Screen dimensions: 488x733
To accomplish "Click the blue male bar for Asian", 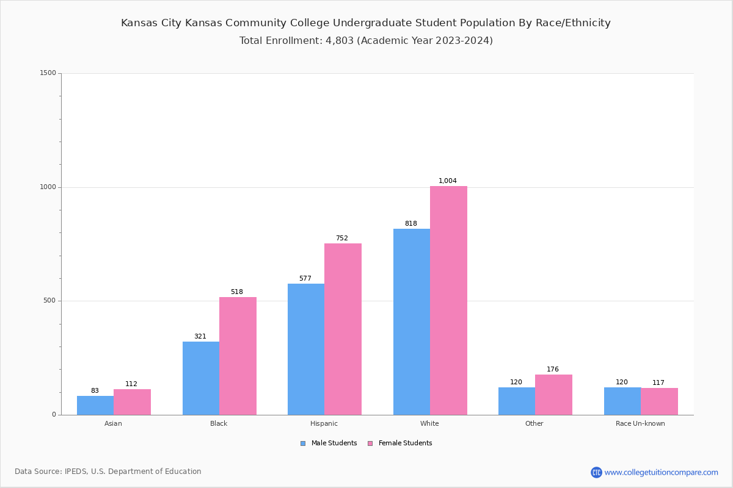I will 95,405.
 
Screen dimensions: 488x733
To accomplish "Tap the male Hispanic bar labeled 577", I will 306,349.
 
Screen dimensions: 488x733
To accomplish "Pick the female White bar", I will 448,300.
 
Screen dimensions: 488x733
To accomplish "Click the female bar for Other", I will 553,395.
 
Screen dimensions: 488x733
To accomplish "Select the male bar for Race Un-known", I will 622,401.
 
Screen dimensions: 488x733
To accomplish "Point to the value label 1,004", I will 448,181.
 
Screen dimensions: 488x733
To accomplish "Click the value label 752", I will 342,239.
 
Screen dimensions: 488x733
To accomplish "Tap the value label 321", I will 200,337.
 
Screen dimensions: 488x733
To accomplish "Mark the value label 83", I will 95,391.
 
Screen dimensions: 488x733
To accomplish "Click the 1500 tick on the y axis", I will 48,73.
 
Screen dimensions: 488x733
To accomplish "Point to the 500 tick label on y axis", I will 50,301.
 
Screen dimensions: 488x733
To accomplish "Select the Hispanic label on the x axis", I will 324,423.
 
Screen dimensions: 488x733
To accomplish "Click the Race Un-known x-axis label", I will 640,423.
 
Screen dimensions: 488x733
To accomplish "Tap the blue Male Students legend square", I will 303,443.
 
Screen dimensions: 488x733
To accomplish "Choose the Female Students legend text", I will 405,443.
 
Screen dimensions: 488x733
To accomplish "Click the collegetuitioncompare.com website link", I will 661,472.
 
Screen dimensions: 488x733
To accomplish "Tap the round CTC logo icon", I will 596,472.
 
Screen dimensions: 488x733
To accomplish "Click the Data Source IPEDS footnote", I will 108,472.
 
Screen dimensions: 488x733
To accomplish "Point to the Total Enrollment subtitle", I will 366,41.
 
